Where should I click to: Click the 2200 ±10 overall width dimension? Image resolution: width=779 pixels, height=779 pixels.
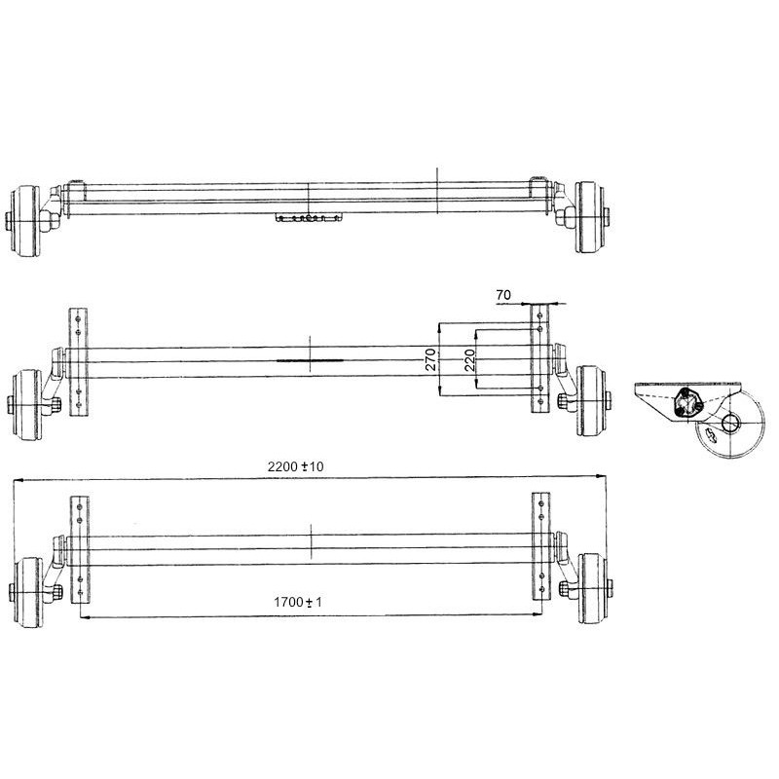[298, 467]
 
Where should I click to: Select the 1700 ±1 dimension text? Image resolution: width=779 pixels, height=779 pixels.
[298, 603]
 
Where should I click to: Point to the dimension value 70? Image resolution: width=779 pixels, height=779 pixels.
[503, 293]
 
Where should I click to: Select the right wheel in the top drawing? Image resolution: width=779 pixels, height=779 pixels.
[590, 218]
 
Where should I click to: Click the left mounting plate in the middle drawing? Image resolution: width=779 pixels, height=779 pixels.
[78, 360]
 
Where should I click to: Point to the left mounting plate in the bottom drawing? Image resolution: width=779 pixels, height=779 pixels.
[80, 549]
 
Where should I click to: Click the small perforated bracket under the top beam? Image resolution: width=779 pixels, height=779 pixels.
[310, 218]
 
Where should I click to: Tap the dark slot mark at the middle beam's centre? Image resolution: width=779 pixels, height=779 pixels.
[310, 359]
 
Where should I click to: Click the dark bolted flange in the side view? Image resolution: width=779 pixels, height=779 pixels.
[687, 403]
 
